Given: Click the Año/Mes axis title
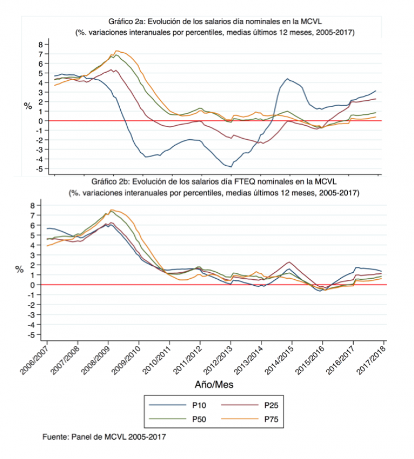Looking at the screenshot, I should (215, 385).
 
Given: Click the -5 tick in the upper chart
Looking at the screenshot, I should (39, 169).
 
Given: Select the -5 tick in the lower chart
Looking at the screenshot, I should (39, 335).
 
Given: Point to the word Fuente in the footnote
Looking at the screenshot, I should (55, 436).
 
